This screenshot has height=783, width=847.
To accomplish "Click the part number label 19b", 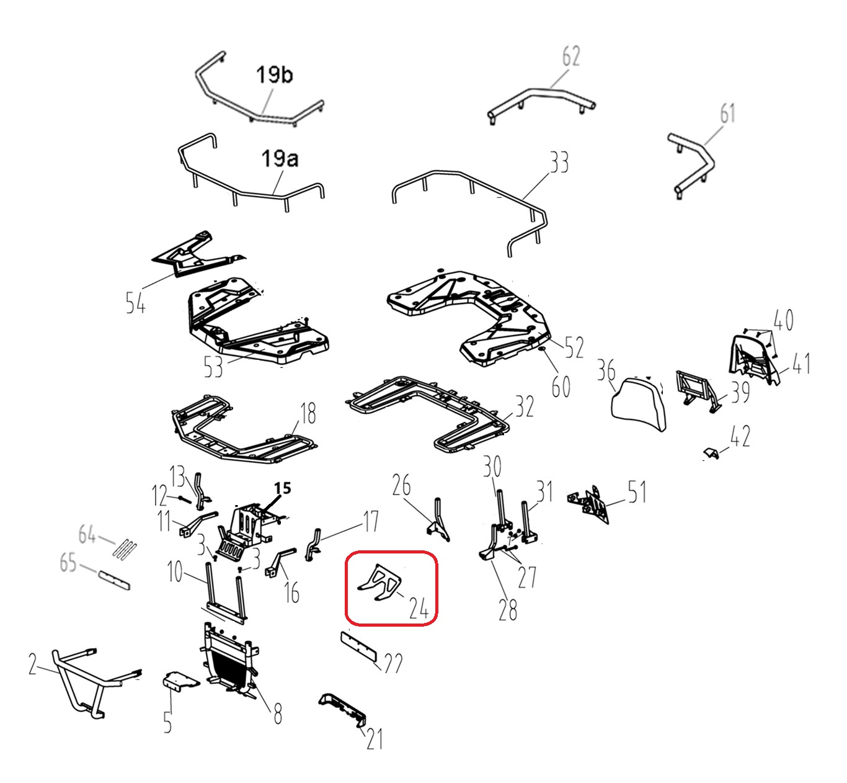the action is click(274, 76).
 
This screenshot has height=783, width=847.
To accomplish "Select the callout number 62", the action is click(571, 56).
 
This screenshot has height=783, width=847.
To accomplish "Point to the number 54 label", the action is click(136, 302).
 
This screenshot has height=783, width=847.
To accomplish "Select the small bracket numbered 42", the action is click(711, 454).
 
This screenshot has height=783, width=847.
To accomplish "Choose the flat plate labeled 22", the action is click(358, 646).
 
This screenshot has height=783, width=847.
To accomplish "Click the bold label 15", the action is click(282, 488).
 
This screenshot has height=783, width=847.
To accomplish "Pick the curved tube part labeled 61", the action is click(692, 168).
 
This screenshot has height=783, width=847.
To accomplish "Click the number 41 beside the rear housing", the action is click(800, 364).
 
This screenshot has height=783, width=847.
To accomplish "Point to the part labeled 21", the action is click(343, 711).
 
